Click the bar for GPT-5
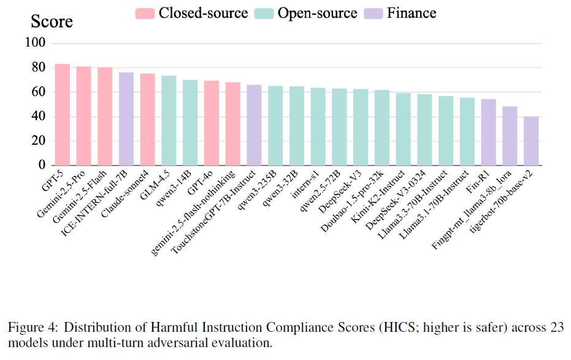tap(63, 115)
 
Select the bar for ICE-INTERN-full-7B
tap(126, 119)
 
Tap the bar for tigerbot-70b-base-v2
tap(531, 141)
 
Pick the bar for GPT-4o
tap(212, 123)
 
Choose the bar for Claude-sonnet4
tap(147, 120)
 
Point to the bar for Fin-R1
tap(488, 132)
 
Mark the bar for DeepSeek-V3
tap(361, 127)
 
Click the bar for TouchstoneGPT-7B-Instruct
tap(254, 125)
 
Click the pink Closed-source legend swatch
tap(145, 13)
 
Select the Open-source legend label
tap(317, 13)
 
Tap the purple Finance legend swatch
tap(374, 13)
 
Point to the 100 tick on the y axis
tap(36, 42)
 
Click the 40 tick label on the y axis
tap(39, 117)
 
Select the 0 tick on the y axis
tap(42, 165)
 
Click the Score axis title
tap(52, 21)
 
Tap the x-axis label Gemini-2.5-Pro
tap(61, 194)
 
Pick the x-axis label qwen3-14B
tap(173, 188)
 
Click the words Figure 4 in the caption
tap(33, 327)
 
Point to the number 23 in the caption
tap(557, 327)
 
